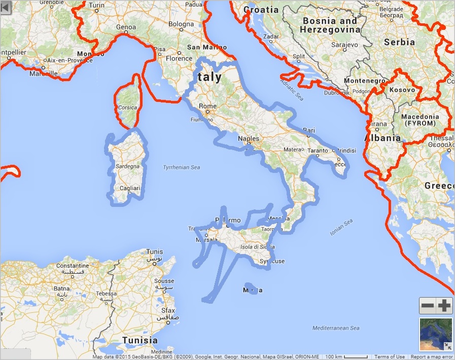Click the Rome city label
pos(208,106)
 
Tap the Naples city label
pos(249,138)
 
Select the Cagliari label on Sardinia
pos(129,188)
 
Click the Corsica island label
pos(127,107)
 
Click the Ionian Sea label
pos(341,228)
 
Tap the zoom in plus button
pos(444,306)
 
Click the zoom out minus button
pos(428,306)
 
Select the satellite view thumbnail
pos(436,334)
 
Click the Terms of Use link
pos(390,357)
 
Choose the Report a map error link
pos(431,357)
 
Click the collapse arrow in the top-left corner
pos(6,7)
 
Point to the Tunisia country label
pos(139,340)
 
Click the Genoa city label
pos(126,27)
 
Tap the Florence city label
pos(179,58)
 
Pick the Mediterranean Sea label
pos(336,328)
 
